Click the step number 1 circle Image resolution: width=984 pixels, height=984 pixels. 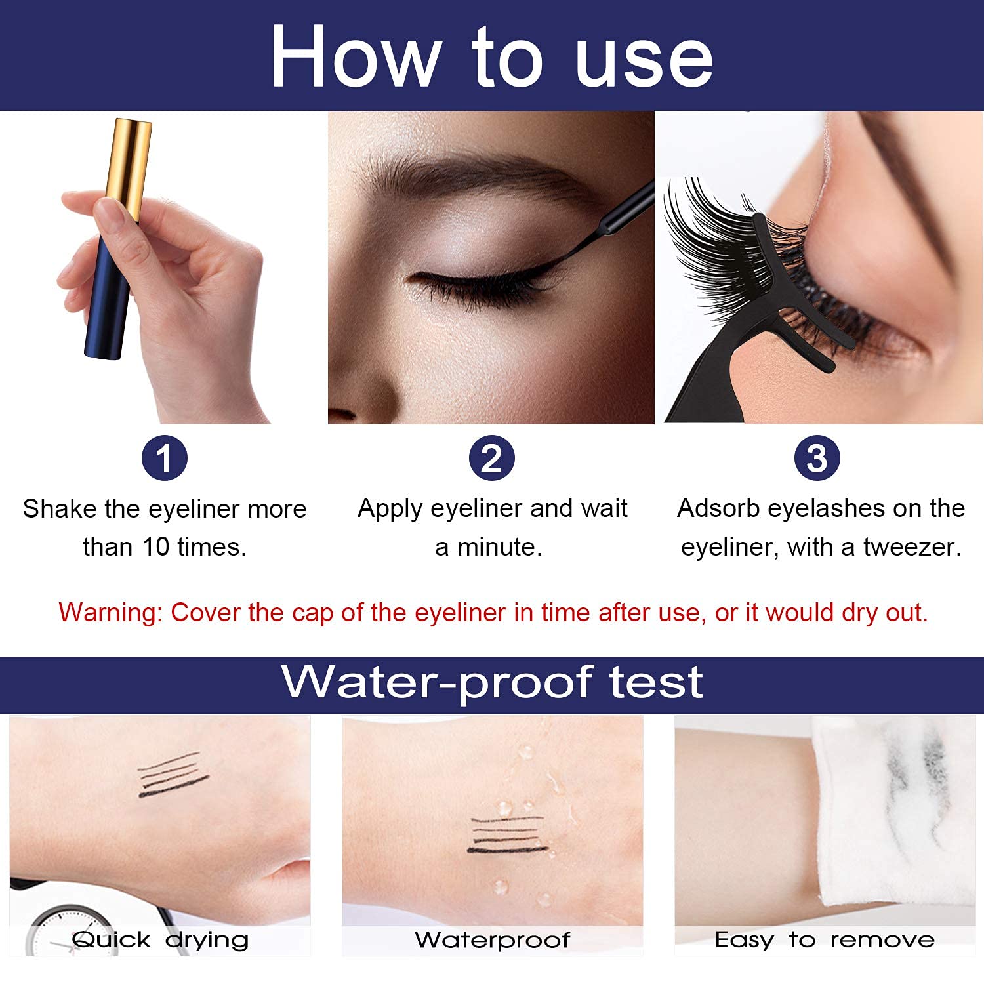[x=164, y=458]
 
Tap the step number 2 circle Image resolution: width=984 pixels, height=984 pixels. [x=491, y=458]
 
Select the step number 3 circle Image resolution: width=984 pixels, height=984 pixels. [x=817, y=458]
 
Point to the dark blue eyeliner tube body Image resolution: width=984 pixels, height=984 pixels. [x=108, y=295]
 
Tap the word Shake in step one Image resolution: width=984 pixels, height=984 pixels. [x=59, y=509]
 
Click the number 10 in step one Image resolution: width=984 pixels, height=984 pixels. [x=156, y=547]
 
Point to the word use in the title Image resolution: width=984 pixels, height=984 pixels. [x=645, y=59]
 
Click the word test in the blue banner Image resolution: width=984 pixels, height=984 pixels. [x=657, y=682]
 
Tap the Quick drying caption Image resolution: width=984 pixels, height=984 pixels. [x=160, y=940]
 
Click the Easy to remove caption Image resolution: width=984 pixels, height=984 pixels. [x=825, y=940]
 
